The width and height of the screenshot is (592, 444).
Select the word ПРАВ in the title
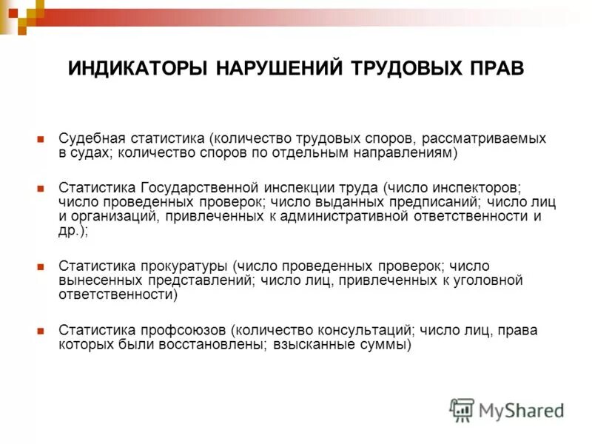pos(495,68)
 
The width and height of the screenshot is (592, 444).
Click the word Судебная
pos(88,138)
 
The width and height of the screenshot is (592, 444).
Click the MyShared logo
pos(508,410)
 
